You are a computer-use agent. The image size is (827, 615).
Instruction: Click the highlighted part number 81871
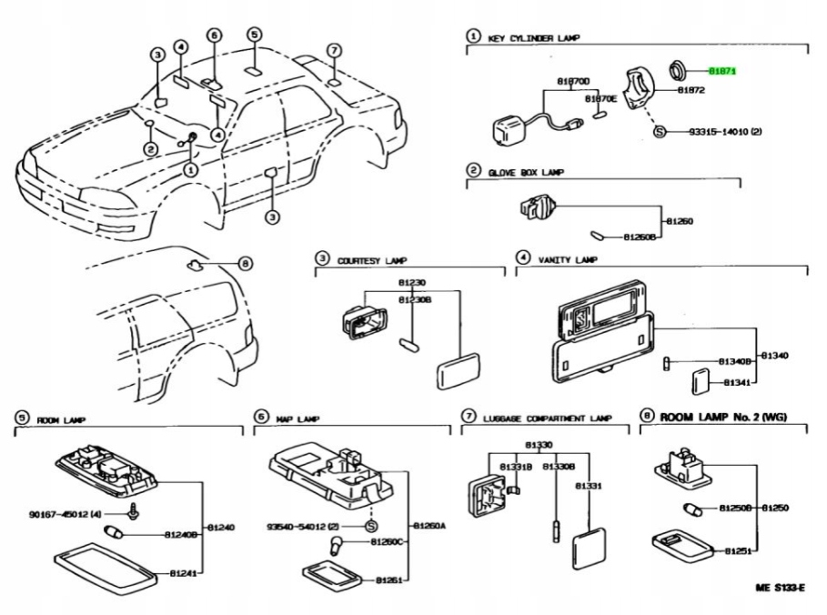click(x=723, y=70)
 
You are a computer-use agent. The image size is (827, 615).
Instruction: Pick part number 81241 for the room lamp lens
click(x=185, y=573)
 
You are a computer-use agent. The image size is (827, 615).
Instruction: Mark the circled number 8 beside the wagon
click(x=244, y=264)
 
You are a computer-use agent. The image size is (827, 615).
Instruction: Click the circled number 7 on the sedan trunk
click(x=334, y=50)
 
